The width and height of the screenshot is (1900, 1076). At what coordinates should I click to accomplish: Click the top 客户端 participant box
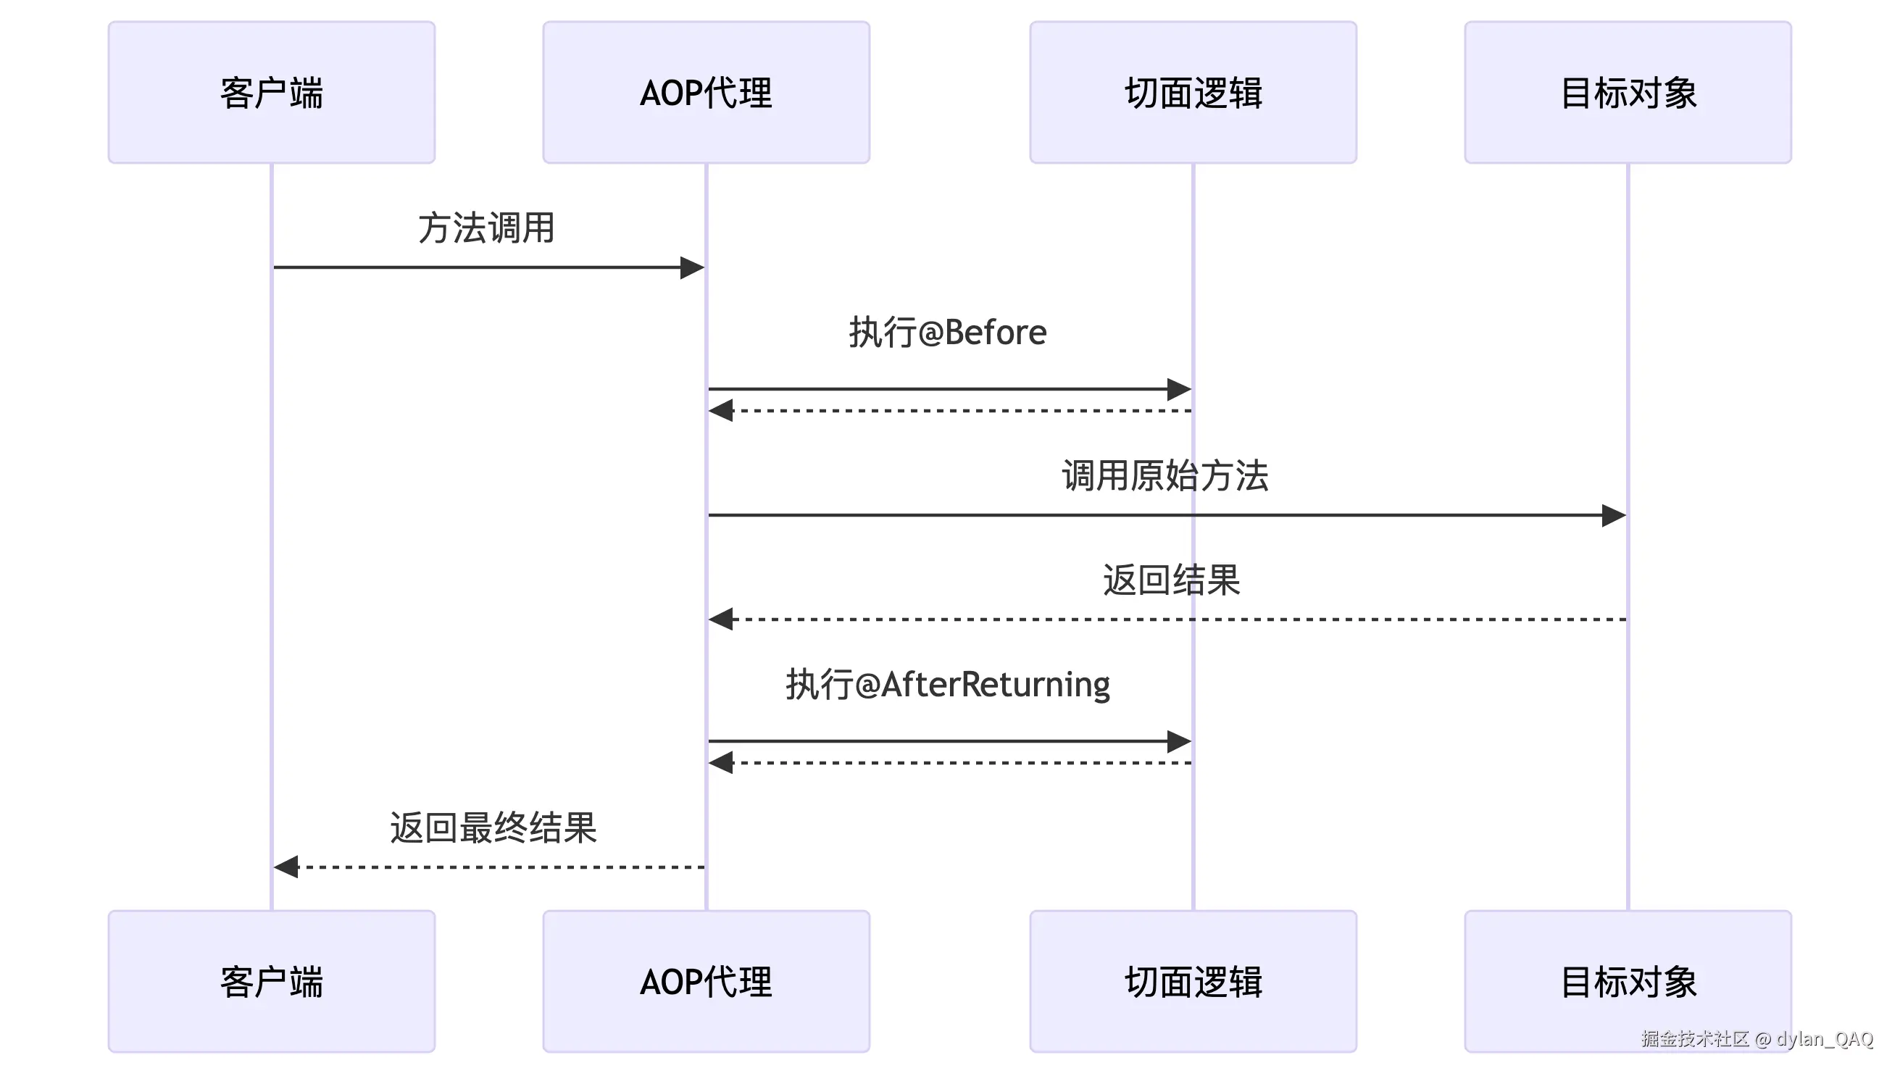click(x=271, y=92)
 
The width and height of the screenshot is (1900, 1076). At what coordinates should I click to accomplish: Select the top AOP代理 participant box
click(x=706, y=92)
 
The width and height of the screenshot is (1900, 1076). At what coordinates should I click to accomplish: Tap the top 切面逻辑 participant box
click(x=1193, y=92)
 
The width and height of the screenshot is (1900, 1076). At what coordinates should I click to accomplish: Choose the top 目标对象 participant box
click(x=1628, y=92)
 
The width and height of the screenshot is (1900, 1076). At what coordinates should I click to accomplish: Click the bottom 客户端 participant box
click(x=271, y=981)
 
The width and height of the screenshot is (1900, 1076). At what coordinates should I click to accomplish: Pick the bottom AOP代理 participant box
click(x=706, y=981)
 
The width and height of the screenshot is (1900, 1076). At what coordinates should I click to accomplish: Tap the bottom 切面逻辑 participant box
click(x=1193, y=981)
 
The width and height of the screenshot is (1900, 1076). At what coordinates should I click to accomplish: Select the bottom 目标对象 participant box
click(x=1628, y=981)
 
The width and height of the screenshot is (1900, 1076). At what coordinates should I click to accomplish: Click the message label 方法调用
click(x=486, y=228)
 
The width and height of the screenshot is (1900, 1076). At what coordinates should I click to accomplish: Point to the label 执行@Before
click(x=947, y=333)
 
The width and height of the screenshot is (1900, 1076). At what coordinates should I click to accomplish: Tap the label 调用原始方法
click(x=1164, y=475)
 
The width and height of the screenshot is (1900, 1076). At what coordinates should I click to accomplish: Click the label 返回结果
click(x=1170, y=580)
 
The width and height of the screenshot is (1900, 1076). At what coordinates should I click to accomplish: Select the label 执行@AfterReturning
click(x=947, y=684)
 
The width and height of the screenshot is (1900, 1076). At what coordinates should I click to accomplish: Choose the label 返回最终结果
click(x=493, y=827)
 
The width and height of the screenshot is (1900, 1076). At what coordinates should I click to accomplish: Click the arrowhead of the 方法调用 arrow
click(x=692, y=267)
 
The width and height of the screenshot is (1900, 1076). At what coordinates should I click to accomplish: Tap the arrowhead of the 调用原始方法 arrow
click(x=1613, y=515)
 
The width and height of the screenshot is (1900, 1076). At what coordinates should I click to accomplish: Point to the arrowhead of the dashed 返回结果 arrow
click(x=721, y=620)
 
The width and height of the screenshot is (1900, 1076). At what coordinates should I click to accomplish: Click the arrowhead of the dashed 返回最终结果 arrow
click(x=287, y=867)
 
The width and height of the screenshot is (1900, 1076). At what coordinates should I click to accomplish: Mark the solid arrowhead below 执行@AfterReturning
click(x=1179, y=741)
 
